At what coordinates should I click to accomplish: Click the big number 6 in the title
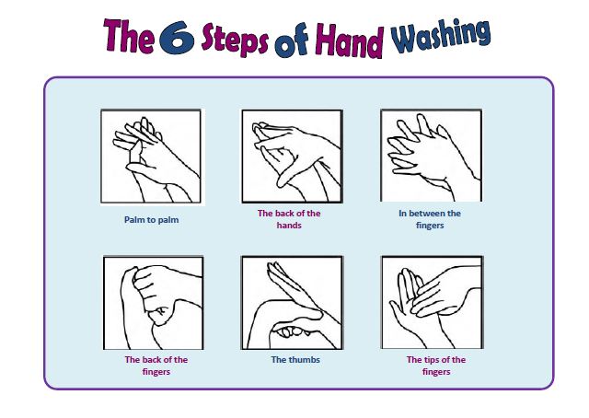[177, 39]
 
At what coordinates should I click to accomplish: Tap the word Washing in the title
[440, 35]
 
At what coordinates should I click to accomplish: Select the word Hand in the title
[350, 41]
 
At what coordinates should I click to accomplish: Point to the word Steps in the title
[235, 39]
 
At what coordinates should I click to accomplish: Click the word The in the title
[129, 35]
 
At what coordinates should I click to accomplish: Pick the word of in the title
[292, 41]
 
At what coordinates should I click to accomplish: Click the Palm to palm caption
[151, 220]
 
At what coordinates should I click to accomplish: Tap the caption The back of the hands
[289, 219]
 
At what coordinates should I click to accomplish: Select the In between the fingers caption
[430, 219]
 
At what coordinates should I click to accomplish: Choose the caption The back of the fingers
[156, 366]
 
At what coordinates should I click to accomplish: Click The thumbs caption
[295, 360]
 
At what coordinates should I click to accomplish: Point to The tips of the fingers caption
[436, 366]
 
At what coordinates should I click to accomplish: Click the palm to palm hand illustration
[151, 157]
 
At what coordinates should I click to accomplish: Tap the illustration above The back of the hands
[293, 157]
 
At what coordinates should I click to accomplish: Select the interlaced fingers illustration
[432, 156]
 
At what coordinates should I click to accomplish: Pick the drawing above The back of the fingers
[154, 303]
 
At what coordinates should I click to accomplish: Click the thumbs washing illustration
[293, 303]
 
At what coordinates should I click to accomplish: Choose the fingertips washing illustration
[433, 303]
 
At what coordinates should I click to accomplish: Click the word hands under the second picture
[289, 226]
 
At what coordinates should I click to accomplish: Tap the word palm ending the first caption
[168, 220]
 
